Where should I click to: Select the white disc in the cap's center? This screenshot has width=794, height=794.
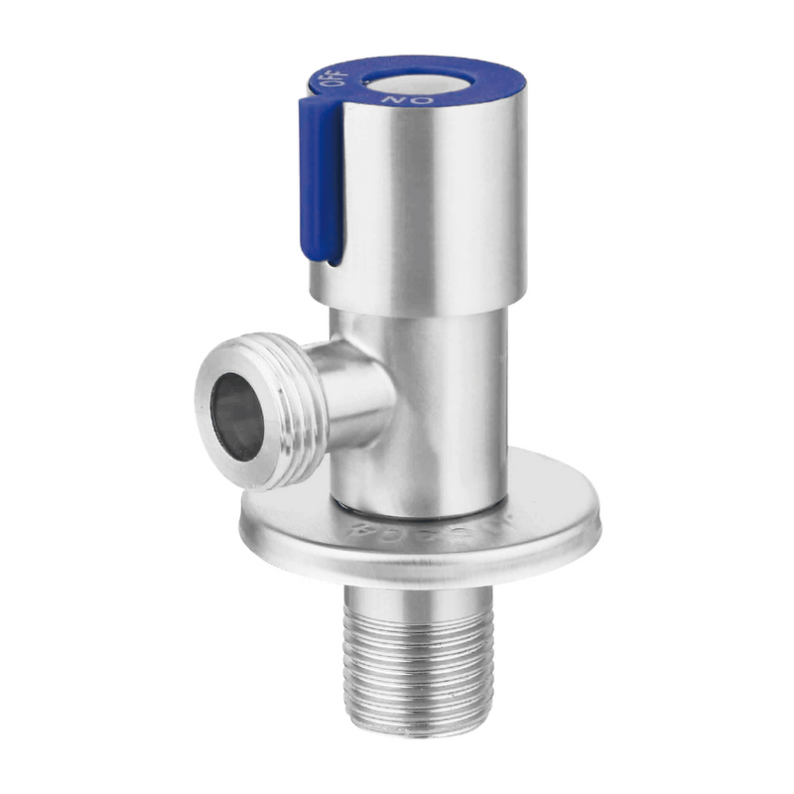(408, 85)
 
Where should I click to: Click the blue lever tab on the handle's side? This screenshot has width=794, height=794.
(322, 179)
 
